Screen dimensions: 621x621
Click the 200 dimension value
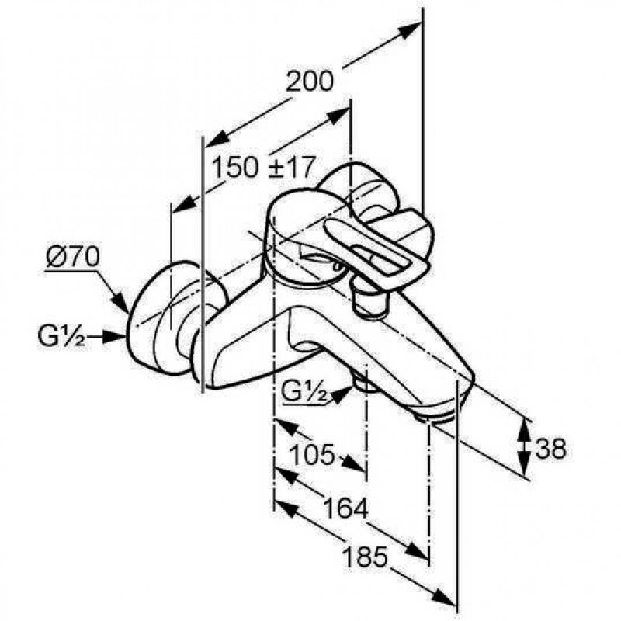310,82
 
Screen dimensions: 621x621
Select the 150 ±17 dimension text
264,167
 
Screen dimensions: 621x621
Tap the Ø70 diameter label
72,258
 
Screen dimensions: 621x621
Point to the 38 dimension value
551,449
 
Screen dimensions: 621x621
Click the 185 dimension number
364,557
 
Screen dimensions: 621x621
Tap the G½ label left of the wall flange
61,336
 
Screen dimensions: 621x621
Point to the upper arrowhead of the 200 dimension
409,30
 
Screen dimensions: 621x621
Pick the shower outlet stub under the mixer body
365,382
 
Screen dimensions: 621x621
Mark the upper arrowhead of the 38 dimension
524,431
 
